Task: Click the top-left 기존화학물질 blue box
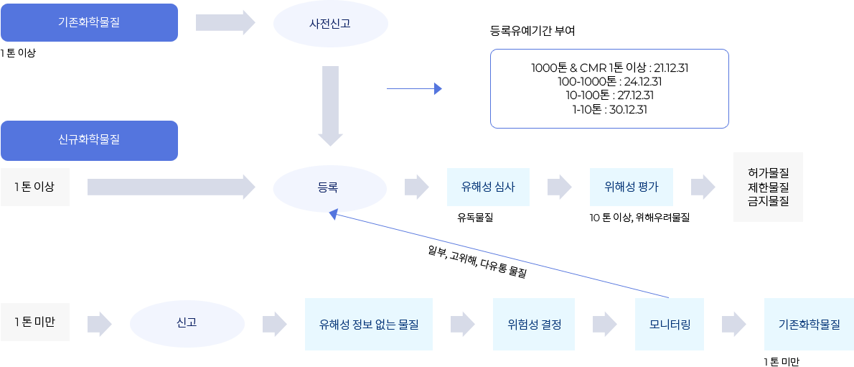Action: click(89, 22)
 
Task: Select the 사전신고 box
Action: click(330, 24)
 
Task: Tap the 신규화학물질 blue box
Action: click(89, 140)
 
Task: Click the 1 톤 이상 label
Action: click(34, 187)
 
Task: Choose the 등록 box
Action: click(329, 187)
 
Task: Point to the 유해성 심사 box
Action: click(487, 187)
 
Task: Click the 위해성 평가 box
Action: click(631, 187)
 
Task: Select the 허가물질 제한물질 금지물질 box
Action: click(767, 187)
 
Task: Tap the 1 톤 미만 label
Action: click(34, 322)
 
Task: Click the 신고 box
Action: click(187, 323)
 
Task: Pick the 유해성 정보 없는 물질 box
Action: click(368, 324)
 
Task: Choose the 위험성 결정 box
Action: click(533, 324)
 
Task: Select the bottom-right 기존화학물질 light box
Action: click(808, 324)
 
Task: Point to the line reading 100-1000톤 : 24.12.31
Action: click(609, 81)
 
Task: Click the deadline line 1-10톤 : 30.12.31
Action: click(609, 109)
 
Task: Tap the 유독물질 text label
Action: click(475, 218)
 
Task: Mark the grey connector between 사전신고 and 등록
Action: click(330, 106)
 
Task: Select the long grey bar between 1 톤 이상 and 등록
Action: click(171, 187)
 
